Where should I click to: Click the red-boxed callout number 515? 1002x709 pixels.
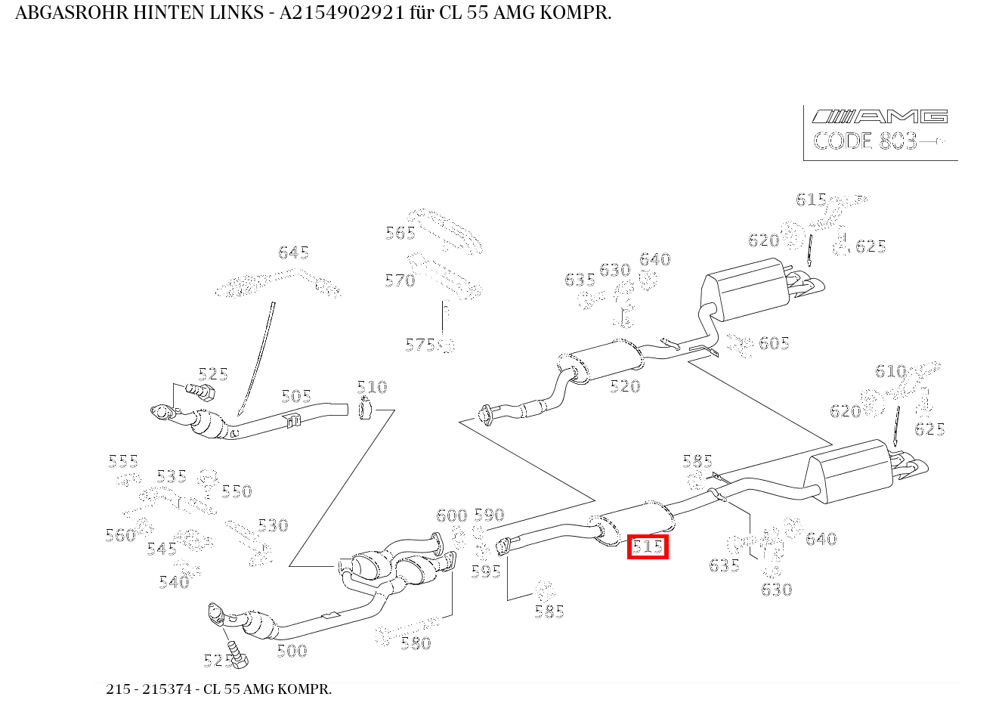tap(648, 546)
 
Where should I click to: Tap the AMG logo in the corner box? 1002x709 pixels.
tap(879, 116)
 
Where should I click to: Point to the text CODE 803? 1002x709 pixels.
tap(865, 141)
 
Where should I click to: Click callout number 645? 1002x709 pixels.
tap(293, 252)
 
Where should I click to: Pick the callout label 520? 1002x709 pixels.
tap(625, 386)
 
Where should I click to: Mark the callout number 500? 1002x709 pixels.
tap(292, 651)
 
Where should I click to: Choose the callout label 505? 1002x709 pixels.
tap(296, 397)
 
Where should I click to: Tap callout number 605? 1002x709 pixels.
tap(774, 343)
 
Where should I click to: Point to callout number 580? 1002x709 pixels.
tap(416, 643)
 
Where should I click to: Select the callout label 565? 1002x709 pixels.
tap(400, 233)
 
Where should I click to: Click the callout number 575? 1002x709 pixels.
tap(420, 345)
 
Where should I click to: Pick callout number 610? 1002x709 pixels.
tap(890, 371)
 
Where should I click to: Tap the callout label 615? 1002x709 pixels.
tap(811, 200)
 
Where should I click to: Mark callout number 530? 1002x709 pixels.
tap(273, 525)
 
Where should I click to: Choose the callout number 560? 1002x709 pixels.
tap(120, 535)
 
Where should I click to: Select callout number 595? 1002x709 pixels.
tap(486, 571)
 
